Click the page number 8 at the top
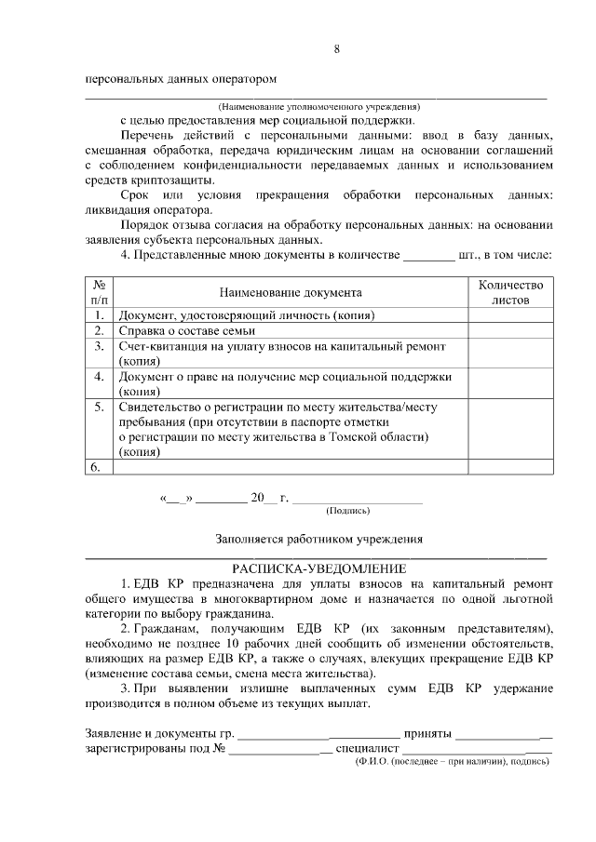tap(336, 48)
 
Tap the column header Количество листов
tap(509, 293)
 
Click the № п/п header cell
tap(98, 293)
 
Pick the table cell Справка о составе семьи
tap(187, 330)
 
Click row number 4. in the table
tap(98, 377)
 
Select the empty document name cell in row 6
tap(289, 467)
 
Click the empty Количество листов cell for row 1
tap(509, 315)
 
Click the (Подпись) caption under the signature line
tap(347, 510)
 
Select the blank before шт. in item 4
tap(429, 254)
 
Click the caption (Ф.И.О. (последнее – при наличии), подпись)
tap(453, 760)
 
